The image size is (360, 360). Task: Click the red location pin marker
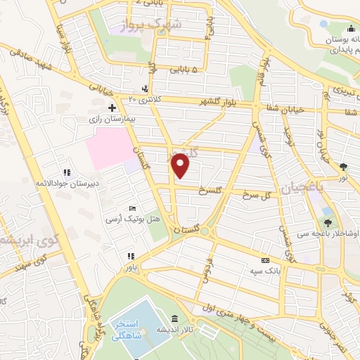181,165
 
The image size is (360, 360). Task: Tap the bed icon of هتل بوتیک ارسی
132,209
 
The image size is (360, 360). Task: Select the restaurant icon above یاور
129,256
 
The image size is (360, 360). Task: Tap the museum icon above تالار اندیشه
174,318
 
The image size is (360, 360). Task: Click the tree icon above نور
342,167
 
